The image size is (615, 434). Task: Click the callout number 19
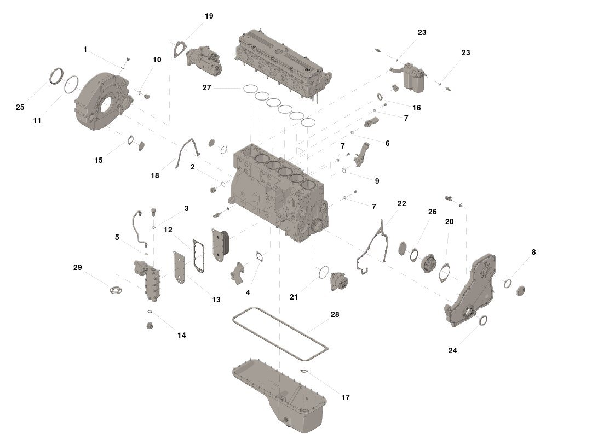(209, 16)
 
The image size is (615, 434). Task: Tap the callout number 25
(20, 107)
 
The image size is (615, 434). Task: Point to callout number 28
(335, 315)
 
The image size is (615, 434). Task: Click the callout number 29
(78, 267)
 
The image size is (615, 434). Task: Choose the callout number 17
(345, 397)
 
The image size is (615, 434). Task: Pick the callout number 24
(452, 350)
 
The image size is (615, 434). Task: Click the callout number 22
(402, 203)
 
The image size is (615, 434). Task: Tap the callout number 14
(181, 335)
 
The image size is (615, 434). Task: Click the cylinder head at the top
(282, 60)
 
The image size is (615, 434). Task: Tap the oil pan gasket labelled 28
(279, 333)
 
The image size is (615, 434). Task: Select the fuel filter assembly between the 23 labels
(415, 77)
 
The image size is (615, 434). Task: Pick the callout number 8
(533, 252)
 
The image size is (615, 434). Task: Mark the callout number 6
(387, 143)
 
